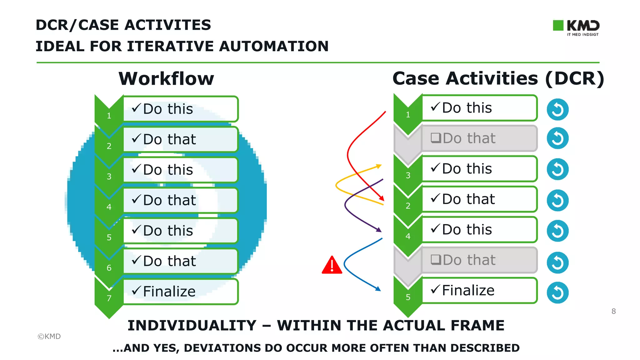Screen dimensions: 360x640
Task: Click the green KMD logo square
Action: (x=558, y=25)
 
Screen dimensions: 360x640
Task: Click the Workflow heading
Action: (x=166, y=78)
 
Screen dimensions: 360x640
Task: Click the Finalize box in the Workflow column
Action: (x=180, y=291)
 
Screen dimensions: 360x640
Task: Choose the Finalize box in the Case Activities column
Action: (x=479, y=290)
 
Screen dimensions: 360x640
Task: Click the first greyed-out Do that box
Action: (x=479, y=138)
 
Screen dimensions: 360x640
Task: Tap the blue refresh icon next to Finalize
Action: (x=557, y=293)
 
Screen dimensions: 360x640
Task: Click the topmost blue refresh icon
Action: (x=557, y=110)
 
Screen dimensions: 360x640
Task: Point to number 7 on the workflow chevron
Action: (x=109, y=298)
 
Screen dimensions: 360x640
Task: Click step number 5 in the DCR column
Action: (x=408, y=297)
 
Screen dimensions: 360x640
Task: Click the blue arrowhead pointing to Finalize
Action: (x=378, y=289)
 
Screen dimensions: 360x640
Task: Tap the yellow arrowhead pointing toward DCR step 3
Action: (x=379, y=166)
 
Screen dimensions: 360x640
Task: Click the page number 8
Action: (x=613, y=311)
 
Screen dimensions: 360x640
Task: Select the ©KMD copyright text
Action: (x=49, y=336)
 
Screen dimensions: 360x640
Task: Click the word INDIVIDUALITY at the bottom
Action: (x=192, y=326)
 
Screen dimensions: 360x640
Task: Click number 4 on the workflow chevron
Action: (x=109, y=207)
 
